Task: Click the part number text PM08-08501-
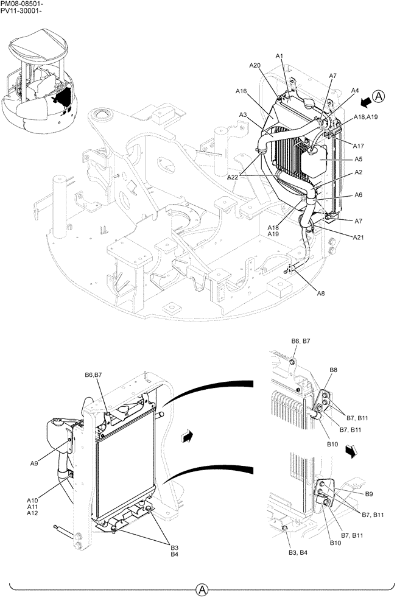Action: [22, 4]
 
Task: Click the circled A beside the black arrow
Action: [379, 96]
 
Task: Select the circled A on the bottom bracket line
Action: [202, 590]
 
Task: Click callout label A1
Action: [279, 56]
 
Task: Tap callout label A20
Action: [255, 65]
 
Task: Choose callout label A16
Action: [241, 91]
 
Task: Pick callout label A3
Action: [242, 114]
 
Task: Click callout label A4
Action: [355, 90]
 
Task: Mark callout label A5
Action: [359, 159]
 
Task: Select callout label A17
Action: [359, 146]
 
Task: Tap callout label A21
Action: [359, 237]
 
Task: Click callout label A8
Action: [321, 293]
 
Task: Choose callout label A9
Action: [34, 463]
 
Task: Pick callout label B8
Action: [333, 370]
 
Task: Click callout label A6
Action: [359, 195]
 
